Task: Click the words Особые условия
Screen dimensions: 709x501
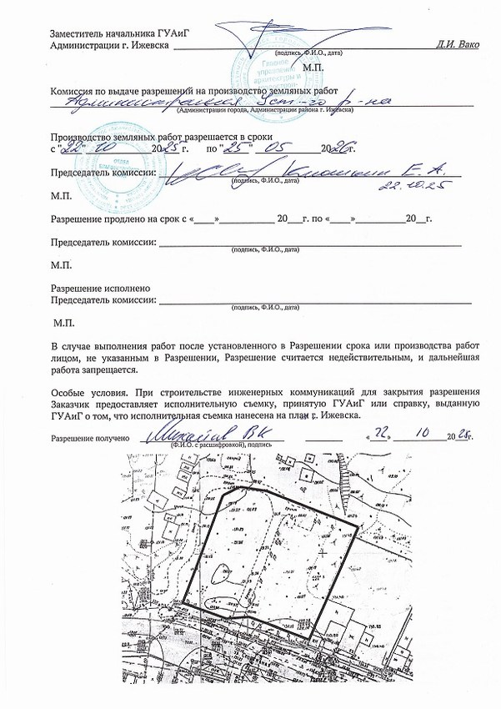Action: click(87, 391)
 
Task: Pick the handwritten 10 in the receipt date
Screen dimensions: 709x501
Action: click(414, 435)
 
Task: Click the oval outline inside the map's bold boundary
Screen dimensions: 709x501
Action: click(223, 574)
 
